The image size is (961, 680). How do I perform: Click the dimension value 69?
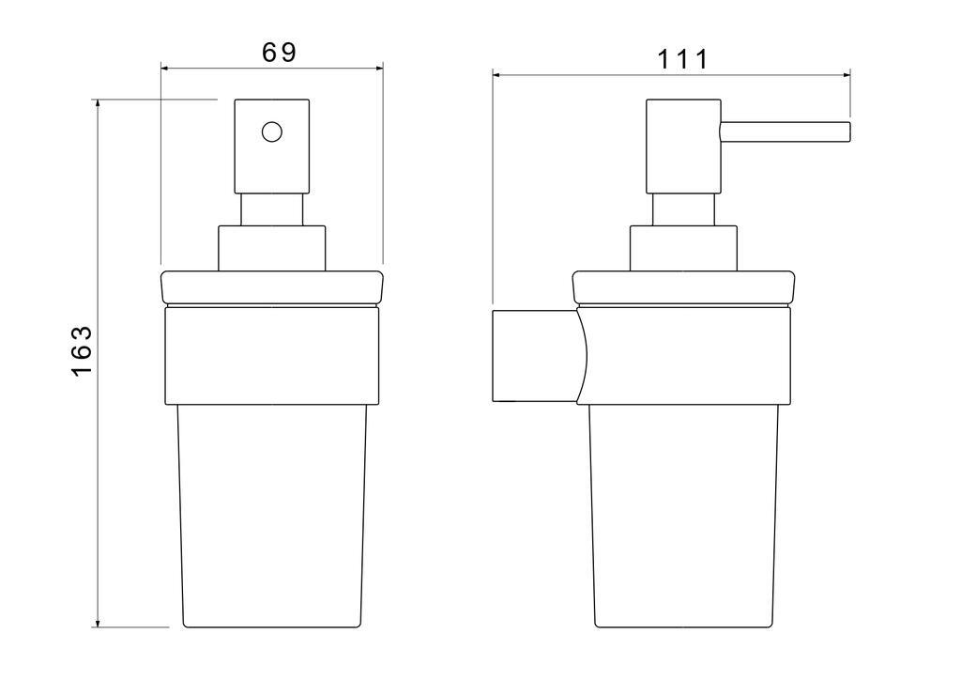pos(279,53)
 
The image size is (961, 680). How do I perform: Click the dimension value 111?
pos(683,59)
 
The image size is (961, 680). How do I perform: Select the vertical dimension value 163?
pos(82,350)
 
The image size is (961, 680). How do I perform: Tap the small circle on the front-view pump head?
pos(271,131)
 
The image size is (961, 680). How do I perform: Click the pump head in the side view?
pos(683,147)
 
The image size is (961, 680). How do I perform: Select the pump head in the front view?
pos(272,147)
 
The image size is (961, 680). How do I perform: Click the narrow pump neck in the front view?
pos(272,210)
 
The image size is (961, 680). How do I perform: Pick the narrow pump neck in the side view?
pos(683,210)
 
